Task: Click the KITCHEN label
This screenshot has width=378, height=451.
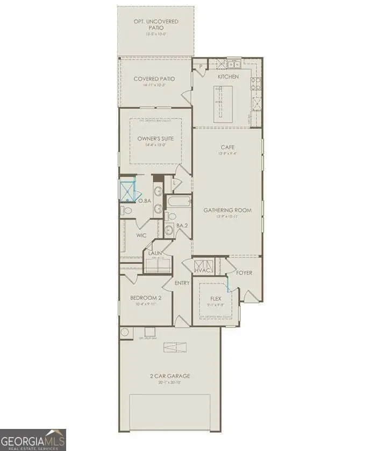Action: click(x=228, y=77)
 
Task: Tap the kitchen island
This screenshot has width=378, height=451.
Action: click(x=219, y=103)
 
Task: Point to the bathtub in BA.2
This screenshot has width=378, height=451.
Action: click(x=178, y=202)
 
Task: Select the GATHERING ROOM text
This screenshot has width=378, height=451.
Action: click(x=228, y=210)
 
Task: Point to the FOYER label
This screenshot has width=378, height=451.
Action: click(x=245, y=273)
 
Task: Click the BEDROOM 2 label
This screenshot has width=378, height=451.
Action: click(x=146, y=298)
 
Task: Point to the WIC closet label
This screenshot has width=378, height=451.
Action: click(x=141, y=236)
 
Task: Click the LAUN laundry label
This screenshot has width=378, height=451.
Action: click(x=155, y=252)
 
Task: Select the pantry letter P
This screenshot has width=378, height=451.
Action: click(x=200, y=67)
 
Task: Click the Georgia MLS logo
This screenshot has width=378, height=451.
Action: click(x=33, y=439)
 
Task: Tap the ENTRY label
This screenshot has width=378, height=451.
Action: click(x=182, y=283)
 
